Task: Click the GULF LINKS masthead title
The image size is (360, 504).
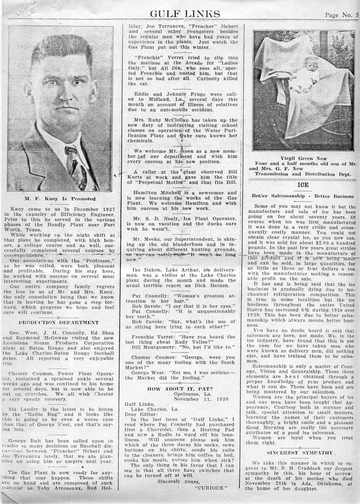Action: pos(185,14)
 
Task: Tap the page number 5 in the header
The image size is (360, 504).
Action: pos(356,14)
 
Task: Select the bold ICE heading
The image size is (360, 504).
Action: pos(302,185)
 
